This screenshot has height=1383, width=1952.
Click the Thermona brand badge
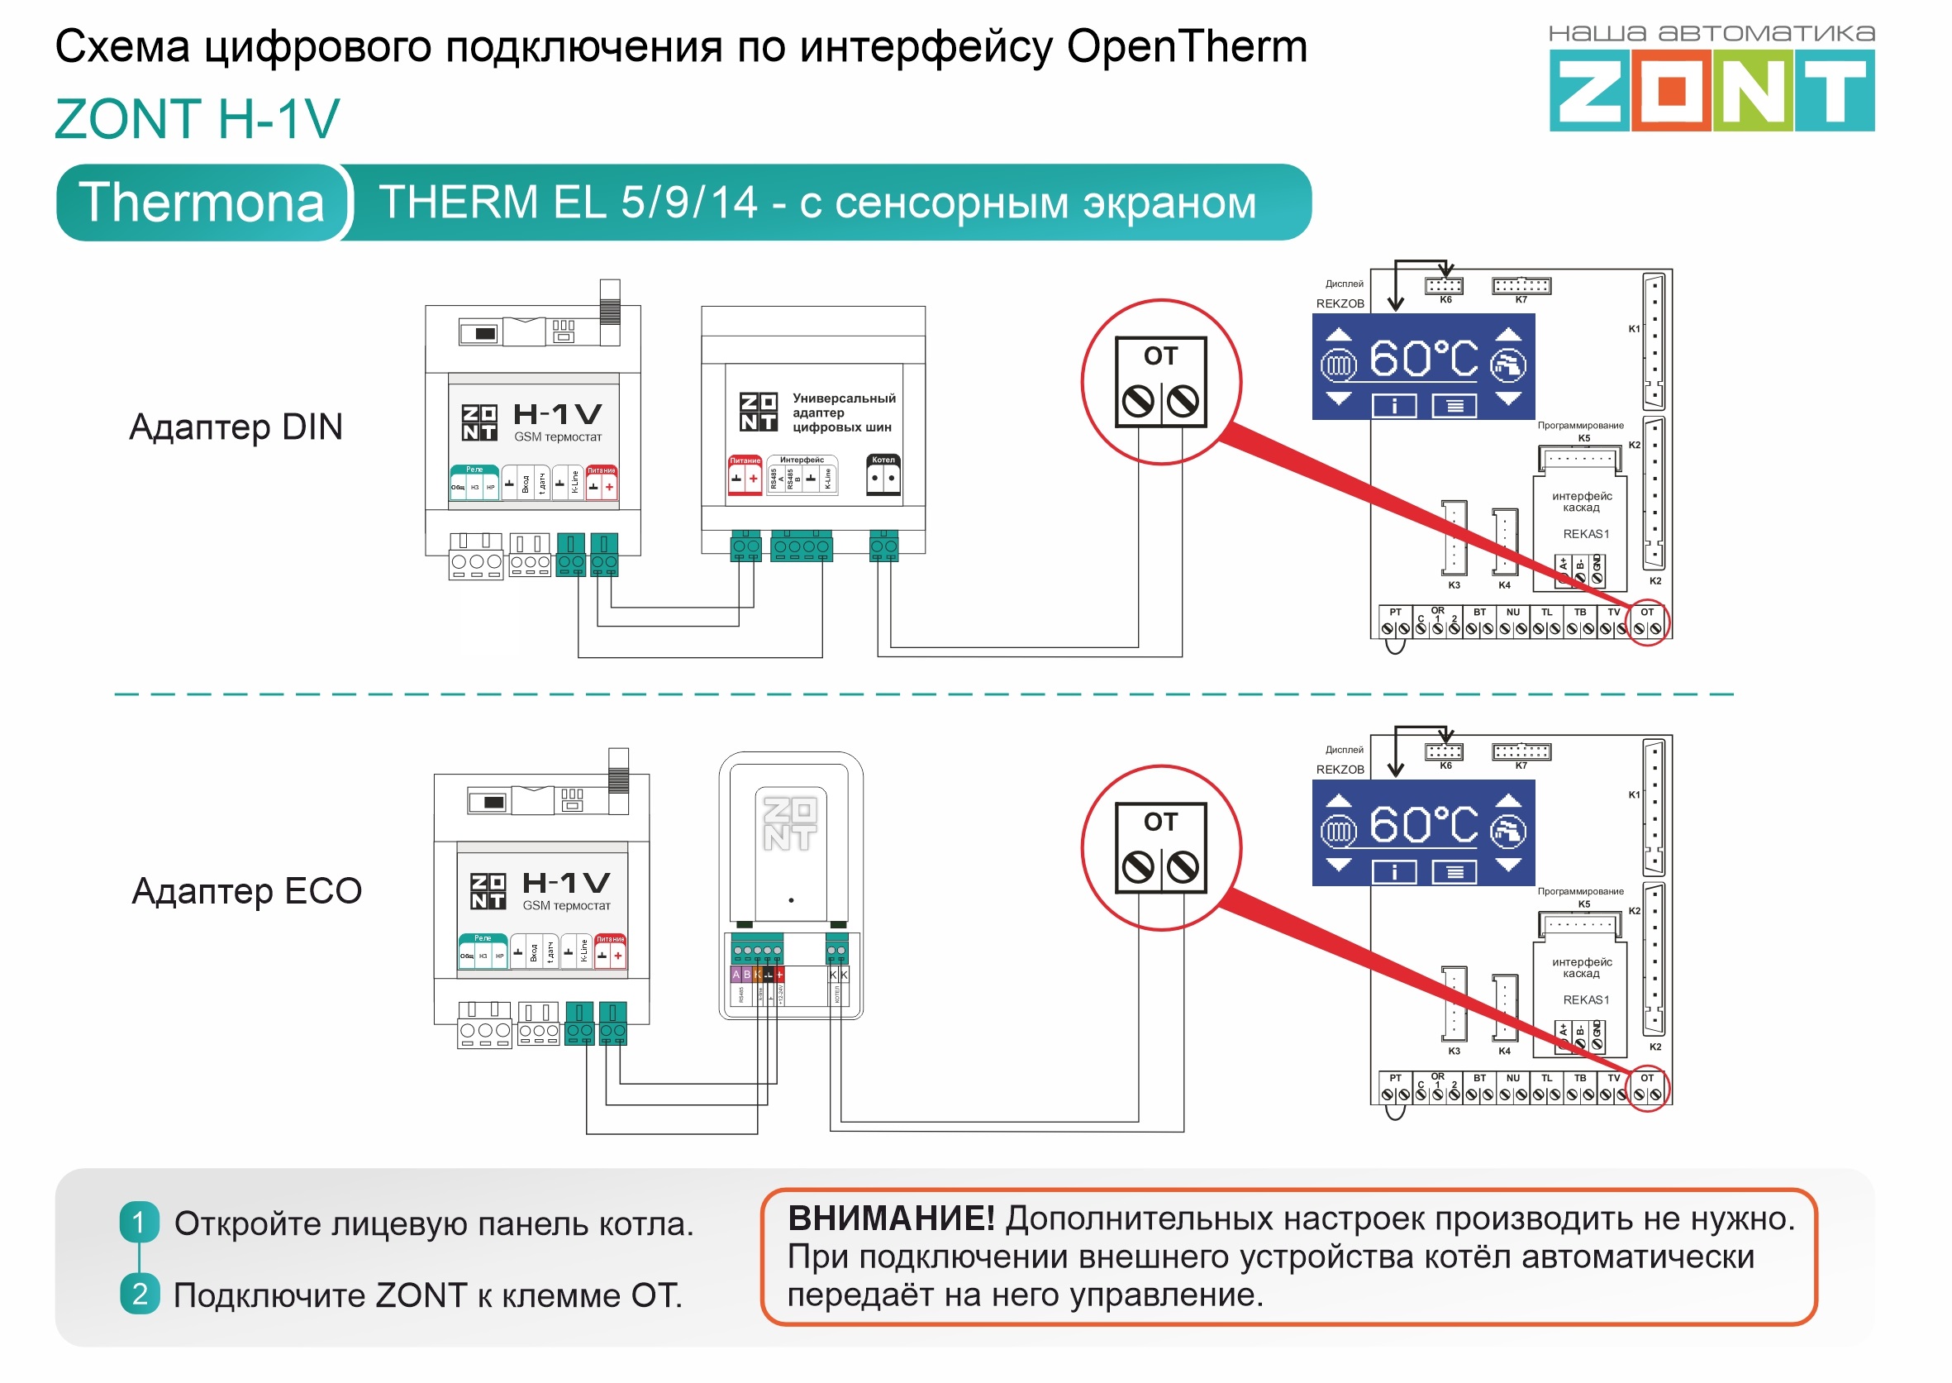(x=202, y=203)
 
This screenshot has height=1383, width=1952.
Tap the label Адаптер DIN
(x=236, y=427)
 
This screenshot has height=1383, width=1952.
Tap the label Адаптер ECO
(x=247, y=891)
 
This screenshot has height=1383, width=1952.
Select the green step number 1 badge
(x=140, y=1222)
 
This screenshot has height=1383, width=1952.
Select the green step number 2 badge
(x=140, y=1294)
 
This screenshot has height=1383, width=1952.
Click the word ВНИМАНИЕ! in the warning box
(x=890, y=1218)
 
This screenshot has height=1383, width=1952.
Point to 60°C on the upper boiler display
(x=1423, y=359)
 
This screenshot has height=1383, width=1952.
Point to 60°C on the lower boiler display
(x=1423, y=824)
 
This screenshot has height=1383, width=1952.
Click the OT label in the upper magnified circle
(x=1160, y=356)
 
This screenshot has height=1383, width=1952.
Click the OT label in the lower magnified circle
(x=1160, y=822)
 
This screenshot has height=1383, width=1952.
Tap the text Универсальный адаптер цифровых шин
(x=842, y=413)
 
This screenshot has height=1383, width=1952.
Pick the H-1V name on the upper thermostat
(x=558, y=414)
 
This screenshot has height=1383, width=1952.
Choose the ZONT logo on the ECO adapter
(x=789, y=823)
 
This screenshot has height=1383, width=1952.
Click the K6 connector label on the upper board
(x=1445, y=300)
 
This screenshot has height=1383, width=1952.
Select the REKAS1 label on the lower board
(x=1585, y=999)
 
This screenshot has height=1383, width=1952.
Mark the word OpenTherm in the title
(x=1187, y=46)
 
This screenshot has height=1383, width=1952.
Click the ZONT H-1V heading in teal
(x=198, y=118)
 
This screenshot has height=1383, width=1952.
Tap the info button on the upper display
(x=1393, y=406)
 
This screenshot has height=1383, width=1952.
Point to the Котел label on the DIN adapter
(x=883, y=460)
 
